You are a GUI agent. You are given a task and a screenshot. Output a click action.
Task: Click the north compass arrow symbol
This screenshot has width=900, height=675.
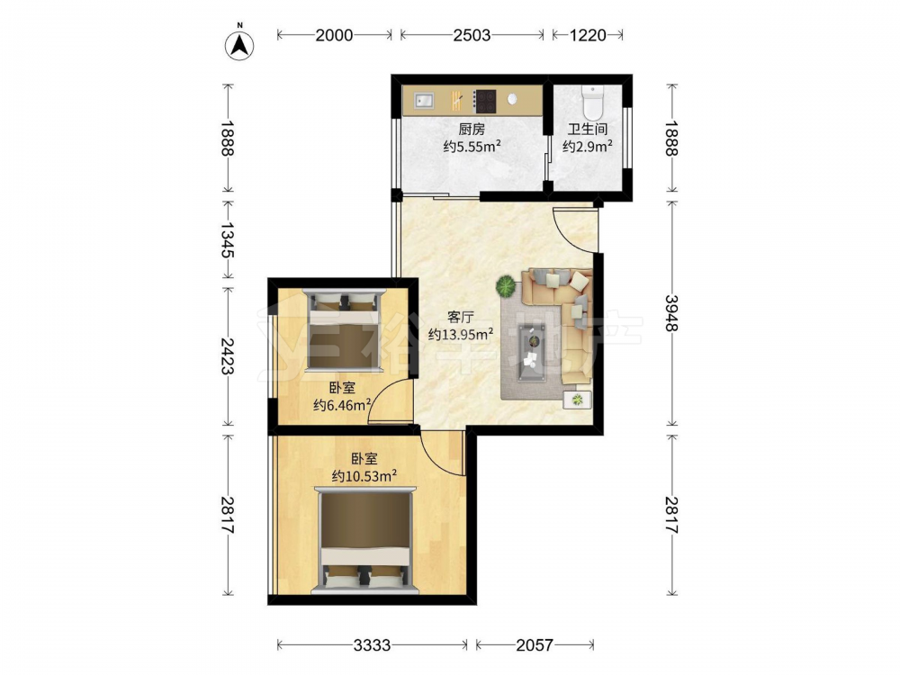[239, 45]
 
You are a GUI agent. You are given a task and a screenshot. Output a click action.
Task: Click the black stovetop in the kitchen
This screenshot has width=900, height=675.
[484, 102]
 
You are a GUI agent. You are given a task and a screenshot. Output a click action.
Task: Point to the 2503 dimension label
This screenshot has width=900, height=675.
[472, 36]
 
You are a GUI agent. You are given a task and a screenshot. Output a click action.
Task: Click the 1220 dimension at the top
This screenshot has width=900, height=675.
[588, 36]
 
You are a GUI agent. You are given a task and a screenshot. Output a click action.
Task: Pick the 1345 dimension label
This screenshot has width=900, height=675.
[228, 240]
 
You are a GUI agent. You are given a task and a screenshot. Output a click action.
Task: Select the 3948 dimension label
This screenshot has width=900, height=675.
[671, 313]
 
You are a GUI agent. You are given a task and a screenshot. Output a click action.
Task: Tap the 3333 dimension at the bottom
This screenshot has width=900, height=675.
[372, 645]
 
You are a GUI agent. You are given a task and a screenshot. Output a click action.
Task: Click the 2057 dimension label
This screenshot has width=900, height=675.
[535, 645]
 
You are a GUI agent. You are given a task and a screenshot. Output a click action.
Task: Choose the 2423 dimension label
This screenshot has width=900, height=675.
[228, 355]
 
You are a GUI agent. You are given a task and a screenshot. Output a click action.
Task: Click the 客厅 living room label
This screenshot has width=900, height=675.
[460, 317]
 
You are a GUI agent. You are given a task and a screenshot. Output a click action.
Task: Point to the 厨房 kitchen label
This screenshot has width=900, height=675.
[472, 129]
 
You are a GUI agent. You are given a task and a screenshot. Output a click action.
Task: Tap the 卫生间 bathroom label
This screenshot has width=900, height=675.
[588, 129]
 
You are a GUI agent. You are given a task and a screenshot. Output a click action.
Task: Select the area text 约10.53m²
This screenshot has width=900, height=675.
[365, 476]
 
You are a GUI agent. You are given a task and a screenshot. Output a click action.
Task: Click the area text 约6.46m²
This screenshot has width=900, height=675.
[342, 405]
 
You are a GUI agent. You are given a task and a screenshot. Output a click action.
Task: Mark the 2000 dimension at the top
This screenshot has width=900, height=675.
[334, 36]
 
